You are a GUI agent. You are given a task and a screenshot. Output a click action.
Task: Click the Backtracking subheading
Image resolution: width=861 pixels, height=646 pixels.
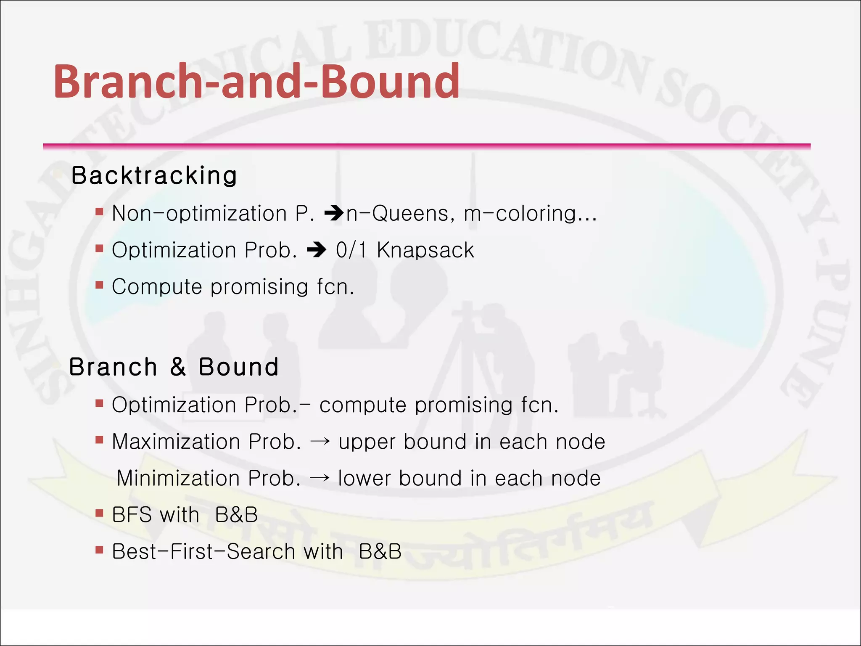(x=154, y=175)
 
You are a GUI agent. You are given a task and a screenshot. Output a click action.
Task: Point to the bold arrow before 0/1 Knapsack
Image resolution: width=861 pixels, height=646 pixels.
(x=317, y=250)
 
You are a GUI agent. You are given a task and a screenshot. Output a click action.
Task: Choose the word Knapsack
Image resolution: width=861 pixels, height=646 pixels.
(x=425, y=250)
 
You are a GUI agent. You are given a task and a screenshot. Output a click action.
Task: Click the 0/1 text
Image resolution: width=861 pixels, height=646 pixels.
(x=351, y=250)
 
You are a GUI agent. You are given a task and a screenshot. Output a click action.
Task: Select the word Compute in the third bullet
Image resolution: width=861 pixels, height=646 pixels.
(x=157, y=287)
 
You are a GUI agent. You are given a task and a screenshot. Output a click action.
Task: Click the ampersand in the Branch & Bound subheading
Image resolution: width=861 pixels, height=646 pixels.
(x=178, y=367)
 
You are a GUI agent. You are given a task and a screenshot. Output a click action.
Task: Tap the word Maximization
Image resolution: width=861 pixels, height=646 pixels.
(x=176, y=442)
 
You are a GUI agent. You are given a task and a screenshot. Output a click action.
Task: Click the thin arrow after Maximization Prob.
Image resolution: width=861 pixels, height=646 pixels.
(x=320, y=442)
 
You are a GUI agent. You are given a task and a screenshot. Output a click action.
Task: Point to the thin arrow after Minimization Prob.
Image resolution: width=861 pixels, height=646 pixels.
(x=320, y=479)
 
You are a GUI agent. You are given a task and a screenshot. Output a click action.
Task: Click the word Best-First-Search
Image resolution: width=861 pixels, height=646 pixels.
(x=204, y=551)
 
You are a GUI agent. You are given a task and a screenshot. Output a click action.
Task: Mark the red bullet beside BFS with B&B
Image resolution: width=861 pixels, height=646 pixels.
(x=99, y=513)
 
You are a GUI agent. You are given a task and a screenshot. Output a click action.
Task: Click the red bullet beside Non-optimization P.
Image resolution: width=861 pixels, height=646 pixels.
(x=99, y=212)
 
